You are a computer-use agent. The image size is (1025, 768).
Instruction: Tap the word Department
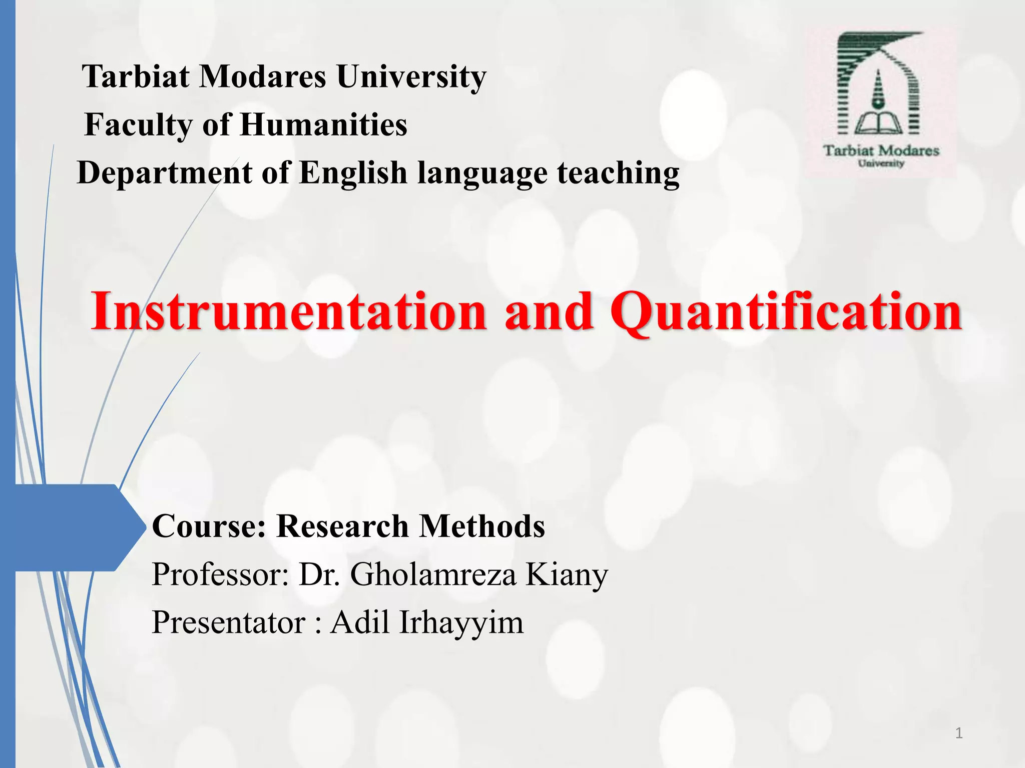[165, 173]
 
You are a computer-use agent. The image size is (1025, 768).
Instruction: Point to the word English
[353, 173]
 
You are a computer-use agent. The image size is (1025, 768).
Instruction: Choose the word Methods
[481, 526]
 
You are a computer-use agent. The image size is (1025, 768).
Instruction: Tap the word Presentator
[228, 622]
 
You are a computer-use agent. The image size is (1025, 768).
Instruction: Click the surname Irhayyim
[461, 622]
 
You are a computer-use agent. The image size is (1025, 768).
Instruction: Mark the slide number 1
[958, 733]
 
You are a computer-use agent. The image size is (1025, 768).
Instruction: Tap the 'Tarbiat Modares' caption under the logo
[881, 150]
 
